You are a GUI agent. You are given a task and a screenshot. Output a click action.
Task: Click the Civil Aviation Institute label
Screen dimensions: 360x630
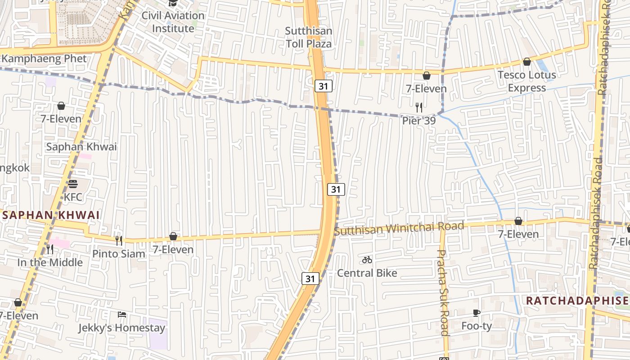point(173,22)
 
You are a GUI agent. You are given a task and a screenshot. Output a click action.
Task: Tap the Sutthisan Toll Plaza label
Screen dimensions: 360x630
point(309,37)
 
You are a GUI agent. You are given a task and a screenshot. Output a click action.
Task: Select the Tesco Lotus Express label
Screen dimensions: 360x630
point(526,81)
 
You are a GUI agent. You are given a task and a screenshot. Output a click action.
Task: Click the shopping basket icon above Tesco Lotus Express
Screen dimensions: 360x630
point(526,62)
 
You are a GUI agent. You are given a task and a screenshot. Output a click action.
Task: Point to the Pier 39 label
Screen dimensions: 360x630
point(418,121)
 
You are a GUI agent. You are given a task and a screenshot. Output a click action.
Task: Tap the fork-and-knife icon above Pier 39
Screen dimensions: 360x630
point(419,107)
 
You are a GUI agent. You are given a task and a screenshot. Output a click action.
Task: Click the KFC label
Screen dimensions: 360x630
point(73,197)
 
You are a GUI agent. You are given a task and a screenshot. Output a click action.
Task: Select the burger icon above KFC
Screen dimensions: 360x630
point(73,184)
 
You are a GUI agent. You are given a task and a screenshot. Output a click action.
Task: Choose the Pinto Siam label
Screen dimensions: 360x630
point(119,253)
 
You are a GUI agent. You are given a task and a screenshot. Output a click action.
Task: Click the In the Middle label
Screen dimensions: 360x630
point(50,262)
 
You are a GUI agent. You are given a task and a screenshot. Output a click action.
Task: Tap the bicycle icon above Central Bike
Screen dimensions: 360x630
point(367,260)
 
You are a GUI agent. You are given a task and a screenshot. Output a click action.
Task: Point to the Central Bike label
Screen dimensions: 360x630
point(367,273)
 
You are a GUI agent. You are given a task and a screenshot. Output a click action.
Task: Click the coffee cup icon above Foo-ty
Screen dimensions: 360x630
point(477,313)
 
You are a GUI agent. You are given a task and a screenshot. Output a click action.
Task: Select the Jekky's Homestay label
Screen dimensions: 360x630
point(122,328)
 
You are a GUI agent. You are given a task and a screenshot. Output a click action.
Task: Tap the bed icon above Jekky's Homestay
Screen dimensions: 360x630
point(122,314)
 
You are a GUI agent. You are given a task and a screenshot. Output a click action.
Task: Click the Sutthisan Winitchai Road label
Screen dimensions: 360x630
point(399,229)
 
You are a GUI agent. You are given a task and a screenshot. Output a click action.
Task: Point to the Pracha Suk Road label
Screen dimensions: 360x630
point(443,292)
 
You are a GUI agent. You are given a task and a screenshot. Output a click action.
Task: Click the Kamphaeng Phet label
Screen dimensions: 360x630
point(44,58)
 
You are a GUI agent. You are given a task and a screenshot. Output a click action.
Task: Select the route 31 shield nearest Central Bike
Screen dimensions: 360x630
point(310,279)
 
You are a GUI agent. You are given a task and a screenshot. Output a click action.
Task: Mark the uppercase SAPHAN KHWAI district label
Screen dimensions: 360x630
point(51,215)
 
